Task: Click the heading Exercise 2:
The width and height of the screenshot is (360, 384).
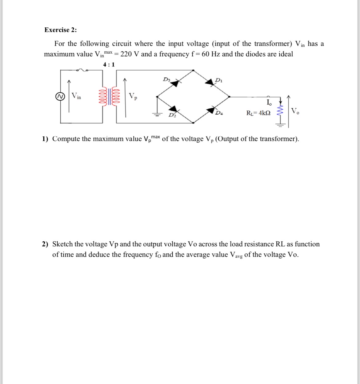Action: tap(61, 30)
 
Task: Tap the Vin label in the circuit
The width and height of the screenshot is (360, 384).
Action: tap(76, 96)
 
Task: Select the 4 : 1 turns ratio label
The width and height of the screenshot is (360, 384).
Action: tap(109, 64)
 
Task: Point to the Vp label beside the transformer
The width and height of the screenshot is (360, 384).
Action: tap(133, 96)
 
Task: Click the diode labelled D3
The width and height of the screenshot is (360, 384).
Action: tap(175, 83)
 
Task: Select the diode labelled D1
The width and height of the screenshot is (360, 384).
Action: tap(211, 83)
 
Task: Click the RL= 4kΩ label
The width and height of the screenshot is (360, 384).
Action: tap(258, 113)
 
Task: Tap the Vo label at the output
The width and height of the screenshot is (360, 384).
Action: tap(295, 111)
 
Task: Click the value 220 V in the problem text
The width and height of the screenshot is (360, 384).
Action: tap(130, 54)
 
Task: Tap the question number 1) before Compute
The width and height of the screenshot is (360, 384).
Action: tap(45, 139)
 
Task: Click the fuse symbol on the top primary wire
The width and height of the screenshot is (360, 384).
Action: tap(82, 70)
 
